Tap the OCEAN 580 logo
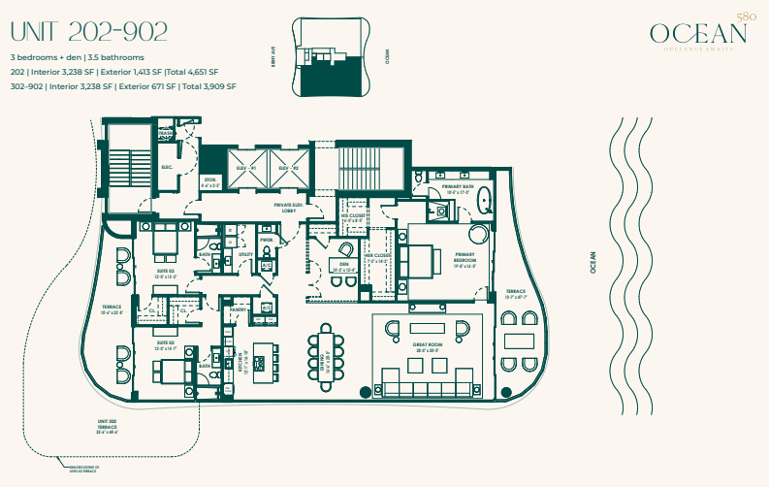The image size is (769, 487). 700,34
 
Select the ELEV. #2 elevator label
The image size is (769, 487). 284,168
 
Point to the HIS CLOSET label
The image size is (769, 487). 351,217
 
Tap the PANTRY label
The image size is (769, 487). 236,310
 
